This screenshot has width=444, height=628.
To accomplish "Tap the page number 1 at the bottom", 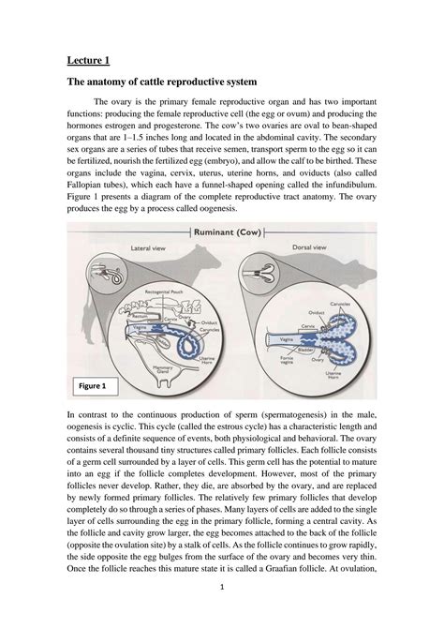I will [222, 613].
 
